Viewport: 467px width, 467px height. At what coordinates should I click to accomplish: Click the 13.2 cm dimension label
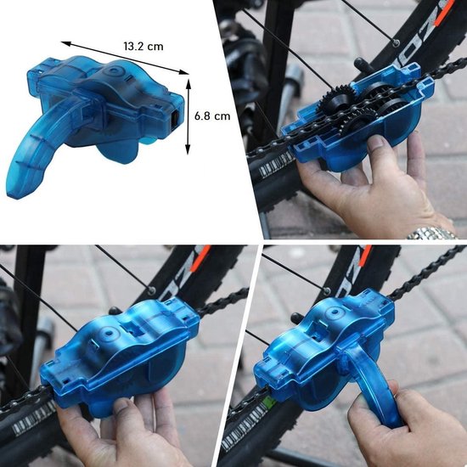click(143, 47)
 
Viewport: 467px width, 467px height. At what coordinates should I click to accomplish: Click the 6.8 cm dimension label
click(212, 115)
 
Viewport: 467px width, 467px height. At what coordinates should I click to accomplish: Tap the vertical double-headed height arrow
click(188, 117)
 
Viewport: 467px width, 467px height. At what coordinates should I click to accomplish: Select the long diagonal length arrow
click(125, 58)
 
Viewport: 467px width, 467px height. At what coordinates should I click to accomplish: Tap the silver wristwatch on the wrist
click(432, 233)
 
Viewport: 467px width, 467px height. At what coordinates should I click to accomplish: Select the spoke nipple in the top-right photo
click(396, 43)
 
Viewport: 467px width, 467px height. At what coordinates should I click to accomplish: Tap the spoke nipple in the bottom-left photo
click(152, 290)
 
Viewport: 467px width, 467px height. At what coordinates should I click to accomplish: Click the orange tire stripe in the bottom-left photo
click(200, 258)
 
